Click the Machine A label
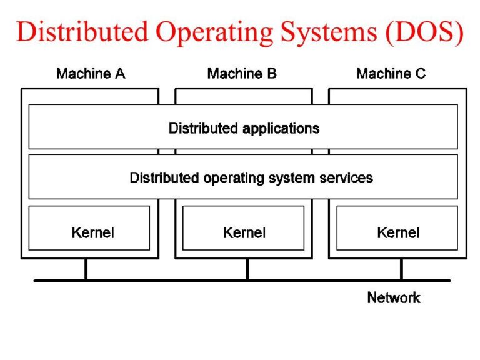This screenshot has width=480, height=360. (x=91, y=74)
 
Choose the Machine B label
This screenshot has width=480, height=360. (x=242, y=74)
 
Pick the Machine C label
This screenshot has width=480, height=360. (x=391, y=74)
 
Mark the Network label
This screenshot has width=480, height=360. (x=394, y=297)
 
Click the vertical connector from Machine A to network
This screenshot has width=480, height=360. (x=86, y=269)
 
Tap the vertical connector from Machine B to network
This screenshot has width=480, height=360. (x=247, y=269)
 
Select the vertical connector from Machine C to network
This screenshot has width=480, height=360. (x=401, y=269)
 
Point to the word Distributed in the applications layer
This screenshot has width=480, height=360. (x=204, y=129)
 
